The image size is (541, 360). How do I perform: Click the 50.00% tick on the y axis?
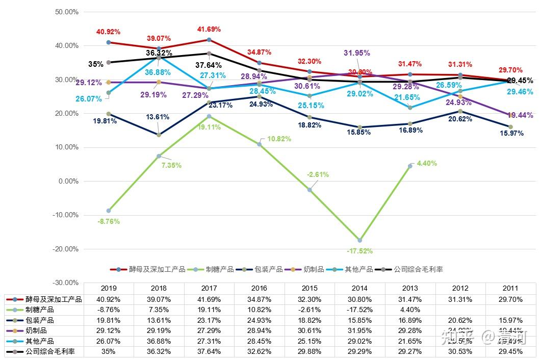tap(67, 12)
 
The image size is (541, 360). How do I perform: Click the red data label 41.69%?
tap(209, 30)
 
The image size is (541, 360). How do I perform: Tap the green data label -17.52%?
tap(359, 251)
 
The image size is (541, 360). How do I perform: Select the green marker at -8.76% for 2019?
tap(109, 211)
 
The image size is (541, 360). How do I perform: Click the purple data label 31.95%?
tap(356, 53)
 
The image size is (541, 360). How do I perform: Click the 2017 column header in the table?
tap(209, 288)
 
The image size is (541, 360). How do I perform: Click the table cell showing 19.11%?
tap(209, 310)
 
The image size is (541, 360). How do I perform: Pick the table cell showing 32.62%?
tap(260, 351)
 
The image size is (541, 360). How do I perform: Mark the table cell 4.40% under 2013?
tap(410, 310)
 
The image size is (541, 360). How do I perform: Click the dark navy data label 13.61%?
tap(158, 117)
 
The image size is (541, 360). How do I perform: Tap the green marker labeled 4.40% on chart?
tap(410, 166)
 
